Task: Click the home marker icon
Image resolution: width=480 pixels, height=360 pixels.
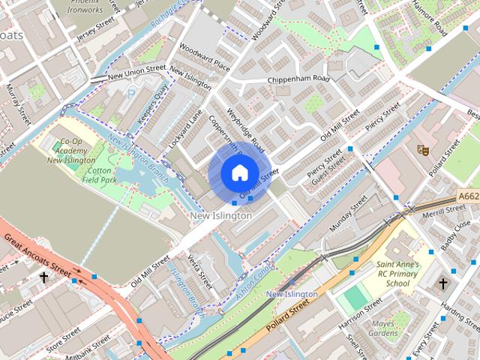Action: click(239, 172)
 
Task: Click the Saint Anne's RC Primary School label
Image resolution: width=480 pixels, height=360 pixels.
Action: click(397, 274)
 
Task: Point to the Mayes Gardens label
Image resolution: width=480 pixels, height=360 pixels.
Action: click(385, 328)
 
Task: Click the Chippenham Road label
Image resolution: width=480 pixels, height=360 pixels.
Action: click(298, 79)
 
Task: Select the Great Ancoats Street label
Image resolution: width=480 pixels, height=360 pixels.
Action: click(43, 255)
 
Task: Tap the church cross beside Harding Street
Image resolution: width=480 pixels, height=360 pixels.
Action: click(443, 283)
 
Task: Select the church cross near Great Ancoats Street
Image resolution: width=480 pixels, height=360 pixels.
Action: click(43, 277)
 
